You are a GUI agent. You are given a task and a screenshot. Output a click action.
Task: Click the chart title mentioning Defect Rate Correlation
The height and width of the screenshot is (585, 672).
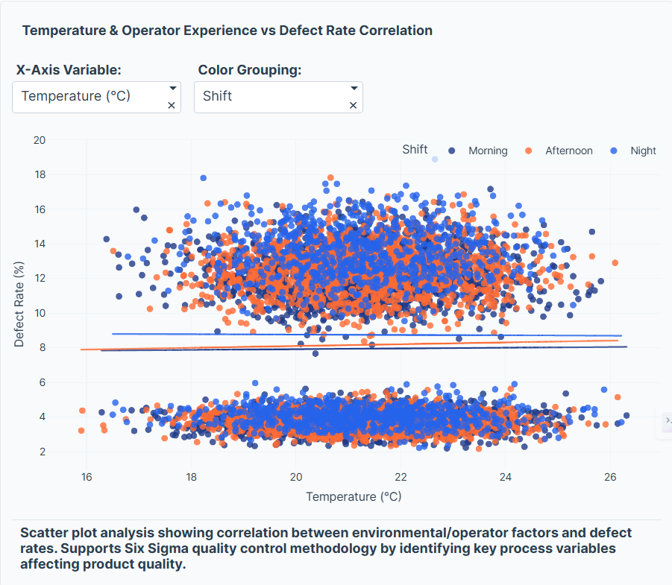227,31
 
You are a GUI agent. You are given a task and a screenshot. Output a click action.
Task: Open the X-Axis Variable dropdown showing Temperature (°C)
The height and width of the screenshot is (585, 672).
90,96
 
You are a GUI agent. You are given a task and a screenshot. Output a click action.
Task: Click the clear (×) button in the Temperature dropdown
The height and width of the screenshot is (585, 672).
172,106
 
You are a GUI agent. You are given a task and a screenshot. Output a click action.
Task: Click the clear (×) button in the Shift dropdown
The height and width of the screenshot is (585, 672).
354,106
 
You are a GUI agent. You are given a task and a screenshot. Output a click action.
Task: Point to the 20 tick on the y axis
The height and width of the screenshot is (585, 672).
40,140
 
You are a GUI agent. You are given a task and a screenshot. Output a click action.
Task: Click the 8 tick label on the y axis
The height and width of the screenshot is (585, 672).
43,347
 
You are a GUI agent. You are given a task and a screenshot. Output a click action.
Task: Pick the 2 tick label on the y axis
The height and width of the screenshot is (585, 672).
43,452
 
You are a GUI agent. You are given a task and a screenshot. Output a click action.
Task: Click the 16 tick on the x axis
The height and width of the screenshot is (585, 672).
87,478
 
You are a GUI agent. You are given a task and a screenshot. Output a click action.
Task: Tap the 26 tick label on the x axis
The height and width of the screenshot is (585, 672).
610,478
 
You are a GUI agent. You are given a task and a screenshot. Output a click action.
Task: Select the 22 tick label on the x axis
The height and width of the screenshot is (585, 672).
401,478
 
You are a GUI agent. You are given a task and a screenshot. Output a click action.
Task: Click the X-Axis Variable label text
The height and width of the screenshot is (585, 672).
69,70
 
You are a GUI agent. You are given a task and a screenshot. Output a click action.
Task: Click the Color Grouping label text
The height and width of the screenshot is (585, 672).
249,70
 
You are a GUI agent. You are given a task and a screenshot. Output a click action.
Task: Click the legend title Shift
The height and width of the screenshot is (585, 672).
415,149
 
